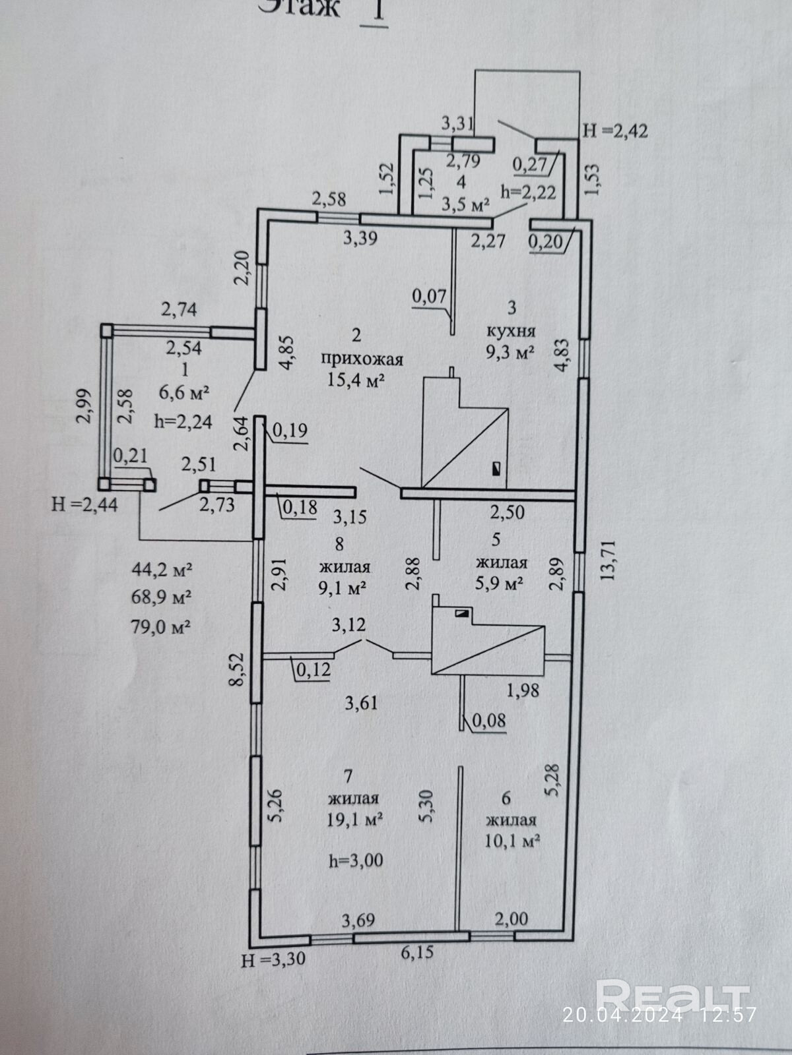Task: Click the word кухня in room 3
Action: pos(511,330)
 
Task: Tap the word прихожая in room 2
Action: pos(362,359)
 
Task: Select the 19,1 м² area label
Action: pos(356,819)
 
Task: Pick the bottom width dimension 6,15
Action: pos(416,953)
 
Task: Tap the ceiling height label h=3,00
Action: pos(356,860)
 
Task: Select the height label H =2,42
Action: pos(615,131)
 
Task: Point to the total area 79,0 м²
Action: pos(162,625)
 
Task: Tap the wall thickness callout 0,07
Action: pos(430,297)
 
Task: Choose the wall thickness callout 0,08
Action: pos(489,720)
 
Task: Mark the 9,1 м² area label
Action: pos(343,587)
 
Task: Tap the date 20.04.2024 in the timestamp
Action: pos(622,1014)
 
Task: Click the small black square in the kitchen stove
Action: pos(496,469)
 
